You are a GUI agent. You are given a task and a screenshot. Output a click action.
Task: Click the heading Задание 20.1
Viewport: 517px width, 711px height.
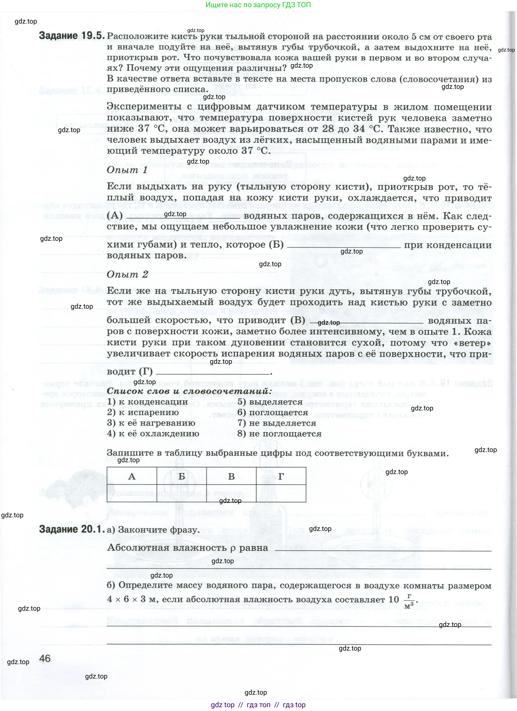tap(71, 529)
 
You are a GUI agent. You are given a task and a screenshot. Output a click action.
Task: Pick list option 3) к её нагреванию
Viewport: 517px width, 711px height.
tap(151, 423)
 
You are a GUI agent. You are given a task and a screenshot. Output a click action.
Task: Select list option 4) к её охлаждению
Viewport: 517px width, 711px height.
tap(153, 434)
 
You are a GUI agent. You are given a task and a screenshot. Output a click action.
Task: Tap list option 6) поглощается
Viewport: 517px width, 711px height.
tap(273, 413)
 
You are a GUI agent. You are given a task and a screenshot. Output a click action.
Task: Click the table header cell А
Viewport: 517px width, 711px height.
tap(132, 476)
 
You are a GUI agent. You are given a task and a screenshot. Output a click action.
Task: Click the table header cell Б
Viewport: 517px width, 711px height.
tap(182, 476)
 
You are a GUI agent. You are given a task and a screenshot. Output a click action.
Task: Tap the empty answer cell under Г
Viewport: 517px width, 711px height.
tap(281, 493)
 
